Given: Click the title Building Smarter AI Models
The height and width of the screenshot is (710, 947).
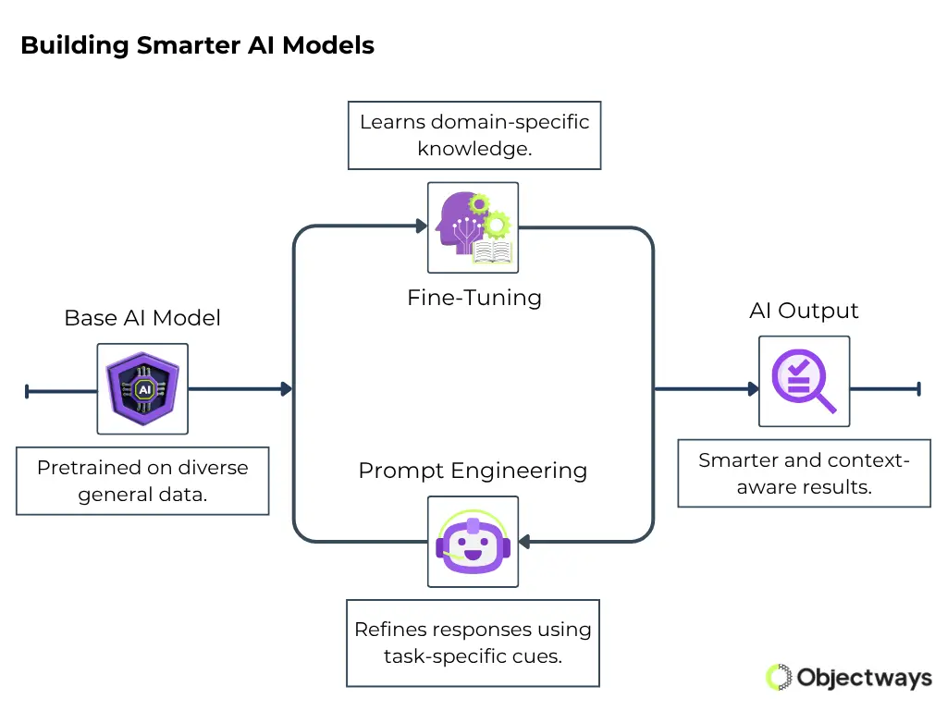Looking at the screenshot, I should point(197,45).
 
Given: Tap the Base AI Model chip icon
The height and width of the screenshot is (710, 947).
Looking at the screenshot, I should point(142,389).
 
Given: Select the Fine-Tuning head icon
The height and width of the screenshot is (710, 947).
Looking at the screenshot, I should point(473,226).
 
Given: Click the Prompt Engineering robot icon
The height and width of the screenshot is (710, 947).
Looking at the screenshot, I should point(473,541).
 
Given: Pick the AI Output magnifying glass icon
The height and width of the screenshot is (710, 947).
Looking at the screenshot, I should point(804,381).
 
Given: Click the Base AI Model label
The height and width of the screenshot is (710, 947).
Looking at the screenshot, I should point(142,318).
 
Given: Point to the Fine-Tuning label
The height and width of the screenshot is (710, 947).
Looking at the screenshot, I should point(473,298).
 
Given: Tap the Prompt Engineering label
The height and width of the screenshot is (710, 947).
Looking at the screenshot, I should point(473,470).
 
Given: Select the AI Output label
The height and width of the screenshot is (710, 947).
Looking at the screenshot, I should point(804,311).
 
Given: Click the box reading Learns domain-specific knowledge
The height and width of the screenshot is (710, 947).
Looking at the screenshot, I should point(474,135).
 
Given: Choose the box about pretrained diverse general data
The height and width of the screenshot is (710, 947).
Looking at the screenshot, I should point(142,481).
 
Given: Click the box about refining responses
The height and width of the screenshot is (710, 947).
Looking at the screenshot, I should point(473,643).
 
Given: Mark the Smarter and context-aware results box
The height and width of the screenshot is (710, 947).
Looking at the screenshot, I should point(804,472).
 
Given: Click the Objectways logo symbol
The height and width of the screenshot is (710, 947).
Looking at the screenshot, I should point(780,678).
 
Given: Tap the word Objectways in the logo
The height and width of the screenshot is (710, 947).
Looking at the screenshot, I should point(864,678).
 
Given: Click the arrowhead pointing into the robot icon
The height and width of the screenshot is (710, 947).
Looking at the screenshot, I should point(524,541).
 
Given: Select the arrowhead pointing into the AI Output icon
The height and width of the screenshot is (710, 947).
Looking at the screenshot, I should point(753,389).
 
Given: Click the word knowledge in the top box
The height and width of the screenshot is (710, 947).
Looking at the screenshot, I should point(474,148).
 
